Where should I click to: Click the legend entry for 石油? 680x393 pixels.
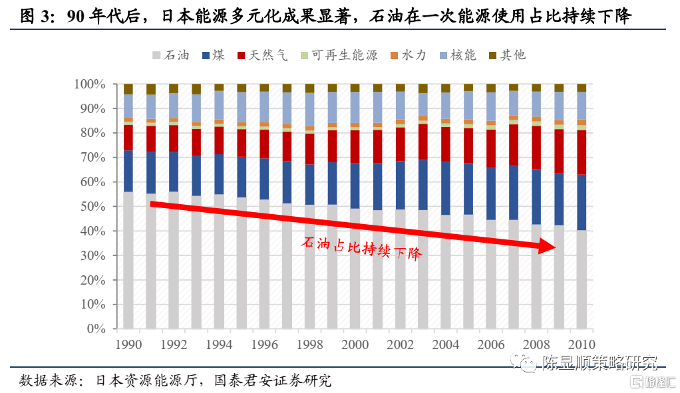171,55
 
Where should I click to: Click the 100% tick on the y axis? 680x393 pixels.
90,84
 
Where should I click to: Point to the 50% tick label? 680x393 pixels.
93,207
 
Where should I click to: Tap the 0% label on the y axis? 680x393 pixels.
98,329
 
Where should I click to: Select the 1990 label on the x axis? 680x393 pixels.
128,344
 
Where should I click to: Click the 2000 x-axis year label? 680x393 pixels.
355,344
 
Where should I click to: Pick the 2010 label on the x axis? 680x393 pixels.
581,344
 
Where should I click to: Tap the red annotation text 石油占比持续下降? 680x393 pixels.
363,248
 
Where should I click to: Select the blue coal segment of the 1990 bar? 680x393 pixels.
128,171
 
